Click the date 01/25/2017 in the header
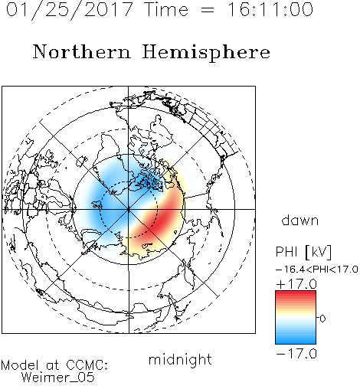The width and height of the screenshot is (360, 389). tap(70, 10)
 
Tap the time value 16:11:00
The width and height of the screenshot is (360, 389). tap(270, 9)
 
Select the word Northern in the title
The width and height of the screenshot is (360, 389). tap(82, 51)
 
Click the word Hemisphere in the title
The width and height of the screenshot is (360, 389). tap(206, 53)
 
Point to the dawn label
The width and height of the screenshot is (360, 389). tap(300, 220)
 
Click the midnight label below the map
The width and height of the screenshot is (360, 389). tap(180, 359)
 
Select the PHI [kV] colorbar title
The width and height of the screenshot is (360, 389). tap(303, 252)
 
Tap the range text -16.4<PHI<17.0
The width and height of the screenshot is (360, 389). tap(317, 270)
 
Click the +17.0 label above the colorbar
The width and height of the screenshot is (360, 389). tap(296, 284)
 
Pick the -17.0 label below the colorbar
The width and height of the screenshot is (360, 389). tap(296, 354)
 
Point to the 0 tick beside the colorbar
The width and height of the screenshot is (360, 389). tap(322, 319)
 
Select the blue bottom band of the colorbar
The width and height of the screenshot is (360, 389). tap(296, 339)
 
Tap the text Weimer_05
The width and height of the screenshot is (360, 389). tap(58, 377)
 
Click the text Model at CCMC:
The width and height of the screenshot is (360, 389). tap(54, 365)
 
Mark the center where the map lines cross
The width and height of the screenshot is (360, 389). tap(129, 209)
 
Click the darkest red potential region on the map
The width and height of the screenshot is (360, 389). tap(163, 217)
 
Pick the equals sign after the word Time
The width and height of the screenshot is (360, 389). tap(208, 10)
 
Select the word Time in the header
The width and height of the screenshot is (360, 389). tap(166, 9)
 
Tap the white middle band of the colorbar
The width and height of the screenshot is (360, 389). tap(296, 318)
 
